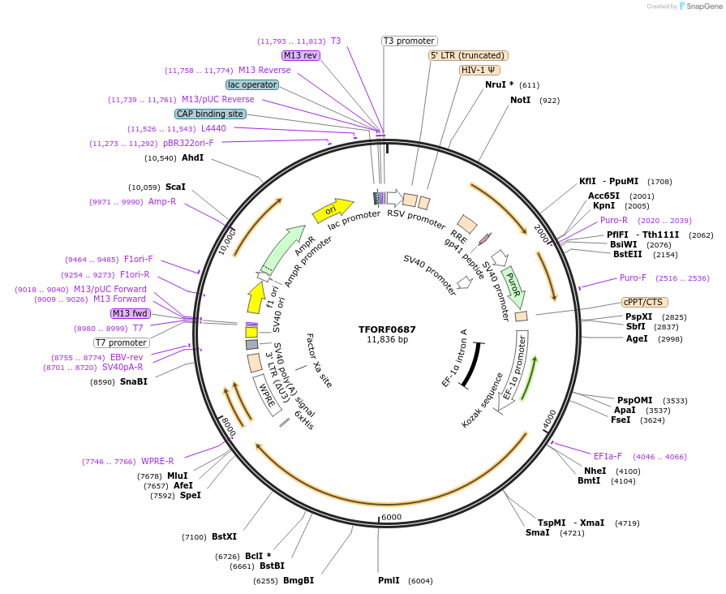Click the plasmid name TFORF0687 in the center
click(x=387, y=329)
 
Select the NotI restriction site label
click(x=520, y=100)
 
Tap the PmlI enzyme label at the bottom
click(x=389, y=580)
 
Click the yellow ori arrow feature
click(x=333, y=210)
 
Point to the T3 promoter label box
click(x=409, y=41)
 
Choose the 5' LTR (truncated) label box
click(x=468, y=55)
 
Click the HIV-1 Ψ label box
click(x=478, y=70)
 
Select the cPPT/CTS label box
click(x=644, y=302)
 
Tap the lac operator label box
click(x=252, y=84)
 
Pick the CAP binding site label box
click(x=210, y=114)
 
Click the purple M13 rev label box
click(x=300, y=55)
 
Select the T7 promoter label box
click(x=121, y=342)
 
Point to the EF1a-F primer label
click(x=608, y=456)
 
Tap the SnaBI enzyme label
click(x=134, y=381)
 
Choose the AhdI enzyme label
click(x=193, y=157)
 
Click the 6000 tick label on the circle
click(x=391, y=517)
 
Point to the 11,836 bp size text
click(x=387, y=340)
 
